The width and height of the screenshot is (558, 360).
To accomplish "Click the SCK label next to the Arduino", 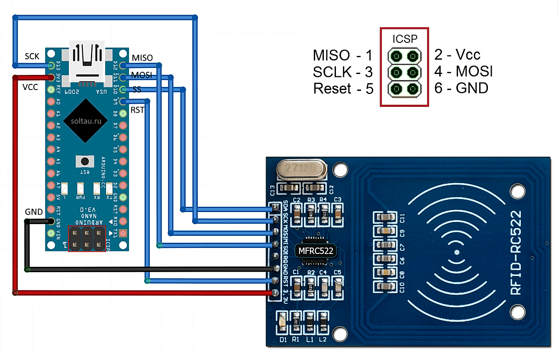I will tap(32, 56).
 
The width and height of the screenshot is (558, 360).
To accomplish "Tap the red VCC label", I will tap(30, 87).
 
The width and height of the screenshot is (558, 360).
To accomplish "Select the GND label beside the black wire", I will tap(34, 212).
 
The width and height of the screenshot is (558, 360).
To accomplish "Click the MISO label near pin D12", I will tap(142, 58).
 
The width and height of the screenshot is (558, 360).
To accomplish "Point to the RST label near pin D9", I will tap(137, 110).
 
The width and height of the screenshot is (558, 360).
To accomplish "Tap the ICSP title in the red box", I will tap(405, 39).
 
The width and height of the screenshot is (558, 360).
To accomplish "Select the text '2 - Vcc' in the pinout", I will tap(457, 55).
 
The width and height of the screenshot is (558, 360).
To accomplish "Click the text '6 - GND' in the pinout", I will tap(461, 88).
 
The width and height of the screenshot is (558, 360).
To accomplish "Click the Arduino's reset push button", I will tap(85, 162).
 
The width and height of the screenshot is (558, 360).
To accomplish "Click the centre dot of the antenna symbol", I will tap(456, 252).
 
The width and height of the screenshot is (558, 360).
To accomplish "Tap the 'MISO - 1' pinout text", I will tap(342, 55).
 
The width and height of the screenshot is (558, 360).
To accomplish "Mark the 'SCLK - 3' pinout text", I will tap(342, 71).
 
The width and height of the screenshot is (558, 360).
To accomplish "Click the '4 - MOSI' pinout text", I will tap(464, 71).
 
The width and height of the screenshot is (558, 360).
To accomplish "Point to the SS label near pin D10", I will tap(137, 90).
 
